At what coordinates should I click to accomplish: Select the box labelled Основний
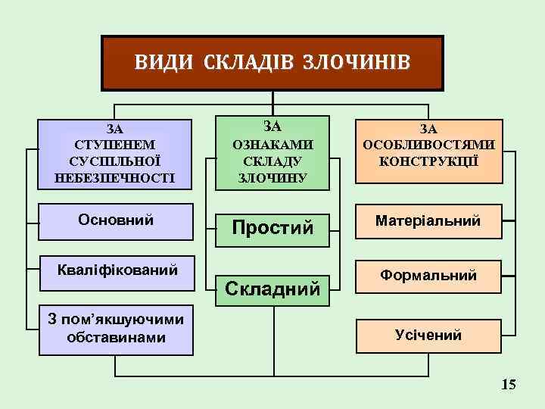[116, 220]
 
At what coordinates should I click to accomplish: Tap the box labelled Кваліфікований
[118, 270]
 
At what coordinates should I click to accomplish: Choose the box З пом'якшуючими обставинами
[116, 329]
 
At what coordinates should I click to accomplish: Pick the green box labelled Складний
[272, 288]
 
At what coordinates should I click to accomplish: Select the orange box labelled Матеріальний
[429, 220]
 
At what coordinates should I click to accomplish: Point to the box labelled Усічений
[428, 335]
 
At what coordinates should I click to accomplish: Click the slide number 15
[509, 386]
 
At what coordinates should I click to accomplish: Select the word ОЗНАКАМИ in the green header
[272, 144]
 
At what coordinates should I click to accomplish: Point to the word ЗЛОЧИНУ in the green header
[272, 179]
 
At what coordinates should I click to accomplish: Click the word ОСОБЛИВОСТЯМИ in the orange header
[428, 145]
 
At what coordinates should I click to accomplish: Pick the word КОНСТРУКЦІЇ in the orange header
[428, 162]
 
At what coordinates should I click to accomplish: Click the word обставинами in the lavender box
[116, 338]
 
